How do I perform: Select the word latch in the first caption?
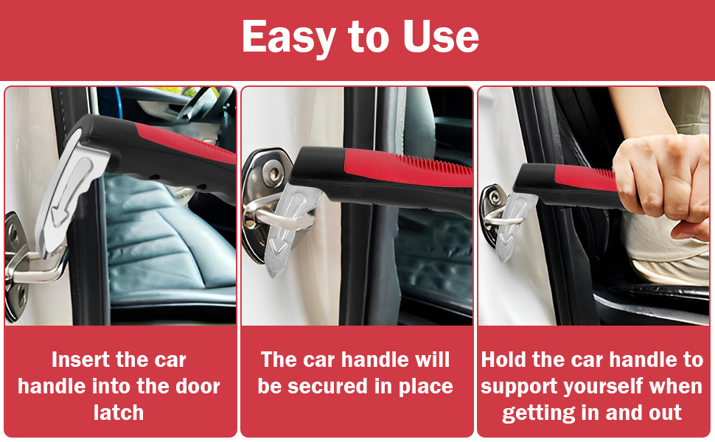(119, 412)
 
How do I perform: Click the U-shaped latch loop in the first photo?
(33, 272)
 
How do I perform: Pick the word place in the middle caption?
(425, 386)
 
